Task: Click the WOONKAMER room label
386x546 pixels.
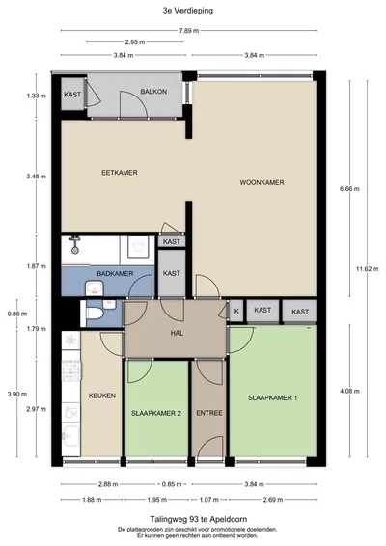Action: tap(262, 182)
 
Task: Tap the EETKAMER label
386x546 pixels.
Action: tap(120, 173)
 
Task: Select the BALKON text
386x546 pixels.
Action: tap(153, 92)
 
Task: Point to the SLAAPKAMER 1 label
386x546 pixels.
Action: tap(272, 397)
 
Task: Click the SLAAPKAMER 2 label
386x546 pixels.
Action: tap(156, 413)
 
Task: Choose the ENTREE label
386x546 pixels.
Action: tap(209, 413)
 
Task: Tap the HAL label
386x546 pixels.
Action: tap(177, 333)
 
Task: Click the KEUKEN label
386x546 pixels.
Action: tap(102, 396)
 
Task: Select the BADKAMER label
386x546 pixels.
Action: tap(115, 274)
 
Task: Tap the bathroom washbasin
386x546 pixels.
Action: tap(95, 288)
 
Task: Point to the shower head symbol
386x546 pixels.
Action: tap(74, 245)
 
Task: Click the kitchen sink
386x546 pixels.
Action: tap(70, 435)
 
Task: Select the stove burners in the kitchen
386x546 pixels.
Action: tap(71, 370)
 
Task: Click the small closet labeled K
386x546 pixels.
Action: tap(236, 311)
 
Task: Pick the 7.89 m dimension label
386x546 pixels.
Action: tap(189, 31)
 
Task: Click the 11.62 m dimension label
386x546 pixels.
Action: tap(368, 269)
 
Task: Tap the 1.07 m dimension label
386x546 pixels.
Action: tap(208, 500)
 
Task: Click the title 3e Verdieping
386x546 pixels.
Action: tap(188, 11)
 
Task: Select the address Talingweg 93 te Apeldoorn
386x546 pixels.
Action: tap(199, 519)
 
